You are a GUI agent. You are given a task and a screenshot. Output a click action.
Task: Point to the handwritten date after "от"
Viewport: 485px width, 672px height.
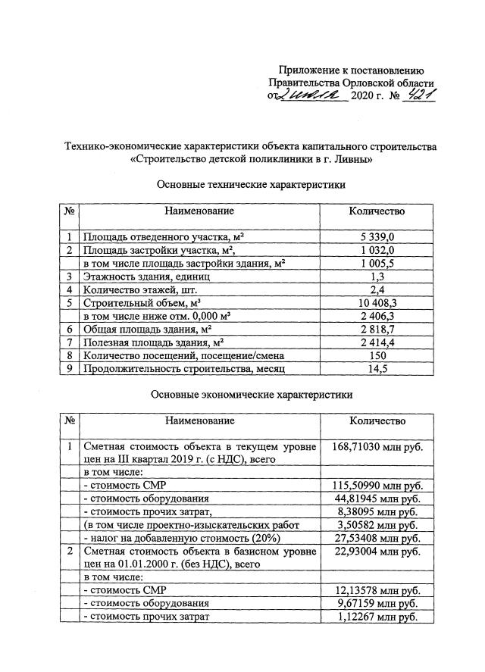[x=312, y=97]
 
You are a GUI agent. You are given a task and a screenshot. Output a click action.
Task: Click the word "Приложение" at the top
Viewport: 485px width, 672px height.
[x=310, y=70]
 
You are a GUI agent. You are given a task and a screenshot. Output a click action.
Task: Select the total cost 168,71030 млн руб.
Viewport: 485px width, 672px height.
[x=377, y=447]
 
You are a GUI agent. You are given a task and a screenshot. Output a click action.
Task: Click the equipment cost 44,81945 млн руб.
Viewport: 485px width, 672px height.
[x=377, y=498]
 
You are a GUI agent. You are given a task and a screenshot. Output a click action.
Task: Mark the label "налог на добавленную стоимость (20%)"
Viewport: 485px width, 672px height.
[x=182, y=537]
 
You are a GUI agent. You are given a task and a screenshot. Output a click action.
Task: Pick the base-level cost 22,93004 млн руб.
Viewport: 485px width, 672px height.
[x=377, y=552]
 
